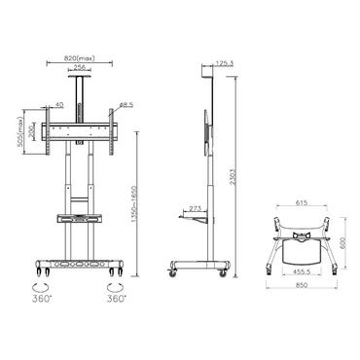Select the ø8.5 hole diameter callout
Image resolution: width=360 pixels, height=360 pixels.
(126, 103)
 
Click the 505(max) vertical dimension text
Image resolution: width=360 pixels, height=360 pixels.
(18, 131)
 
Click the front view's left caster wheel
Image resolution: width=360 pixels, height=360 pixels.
(39, 271)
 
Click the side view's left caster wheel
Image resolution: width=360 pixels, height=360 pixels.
(175, 273)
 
